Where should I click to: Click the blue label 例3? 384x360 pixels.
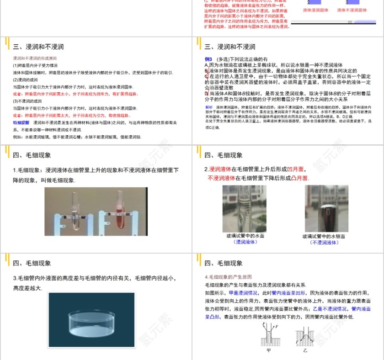coord(208,59)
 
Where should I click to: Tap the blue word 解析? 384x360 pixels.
coord(209,107)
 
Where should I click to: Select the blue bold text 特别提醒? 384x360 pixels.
coord(21,123)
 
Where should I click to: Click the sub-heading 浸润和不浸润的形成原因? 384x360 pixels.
coord(35,59)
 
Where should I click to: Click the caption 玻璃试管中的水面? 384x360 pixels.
coord(245,236)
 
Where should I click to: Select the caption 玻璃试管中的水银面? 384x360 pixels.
coord(324,236)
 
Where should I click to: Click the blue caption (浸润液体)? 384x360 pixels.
coord(245,243)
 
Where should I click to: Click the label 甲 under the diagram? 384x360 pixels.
coord(268,351)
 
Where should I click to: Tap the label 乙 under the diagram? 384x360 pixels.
coord(305,351)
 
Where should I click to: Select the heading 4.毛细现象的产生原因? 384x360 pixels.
coord(228,277)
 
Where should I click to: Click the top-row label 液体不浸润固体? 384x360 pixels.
coord(352,10)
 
